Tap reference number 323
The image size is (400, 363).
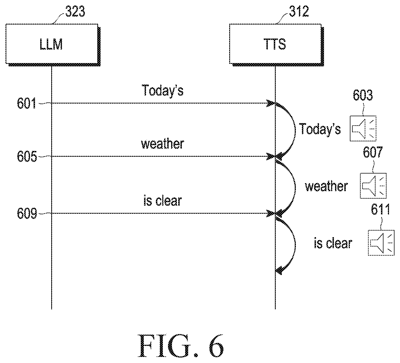75,11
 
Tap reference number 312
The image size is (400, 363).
299,11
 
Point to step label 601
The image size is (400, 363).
26,103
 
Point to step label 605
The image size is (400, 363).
27,156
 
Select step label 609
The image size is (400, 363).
27,213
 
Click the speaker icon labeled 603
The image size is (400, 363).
363,128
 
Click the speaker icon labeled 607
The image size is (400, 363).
373,186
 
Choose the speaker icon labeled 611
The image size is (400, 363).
381,243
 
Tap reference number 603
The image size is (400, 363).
363,95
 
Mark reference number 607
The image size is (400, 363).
373,152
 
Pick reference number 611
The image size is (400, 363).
380,209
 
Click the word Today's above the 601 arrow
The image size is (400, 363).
163,90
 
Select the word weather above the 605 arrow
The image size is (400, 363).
163,144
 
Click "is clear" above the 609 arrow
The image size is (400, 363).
163,201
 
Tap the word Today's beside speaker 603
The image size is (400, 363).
320,129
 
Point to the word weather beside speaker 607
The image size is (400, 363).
326,186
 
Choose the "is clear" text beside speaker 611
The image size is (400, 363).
333,243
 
